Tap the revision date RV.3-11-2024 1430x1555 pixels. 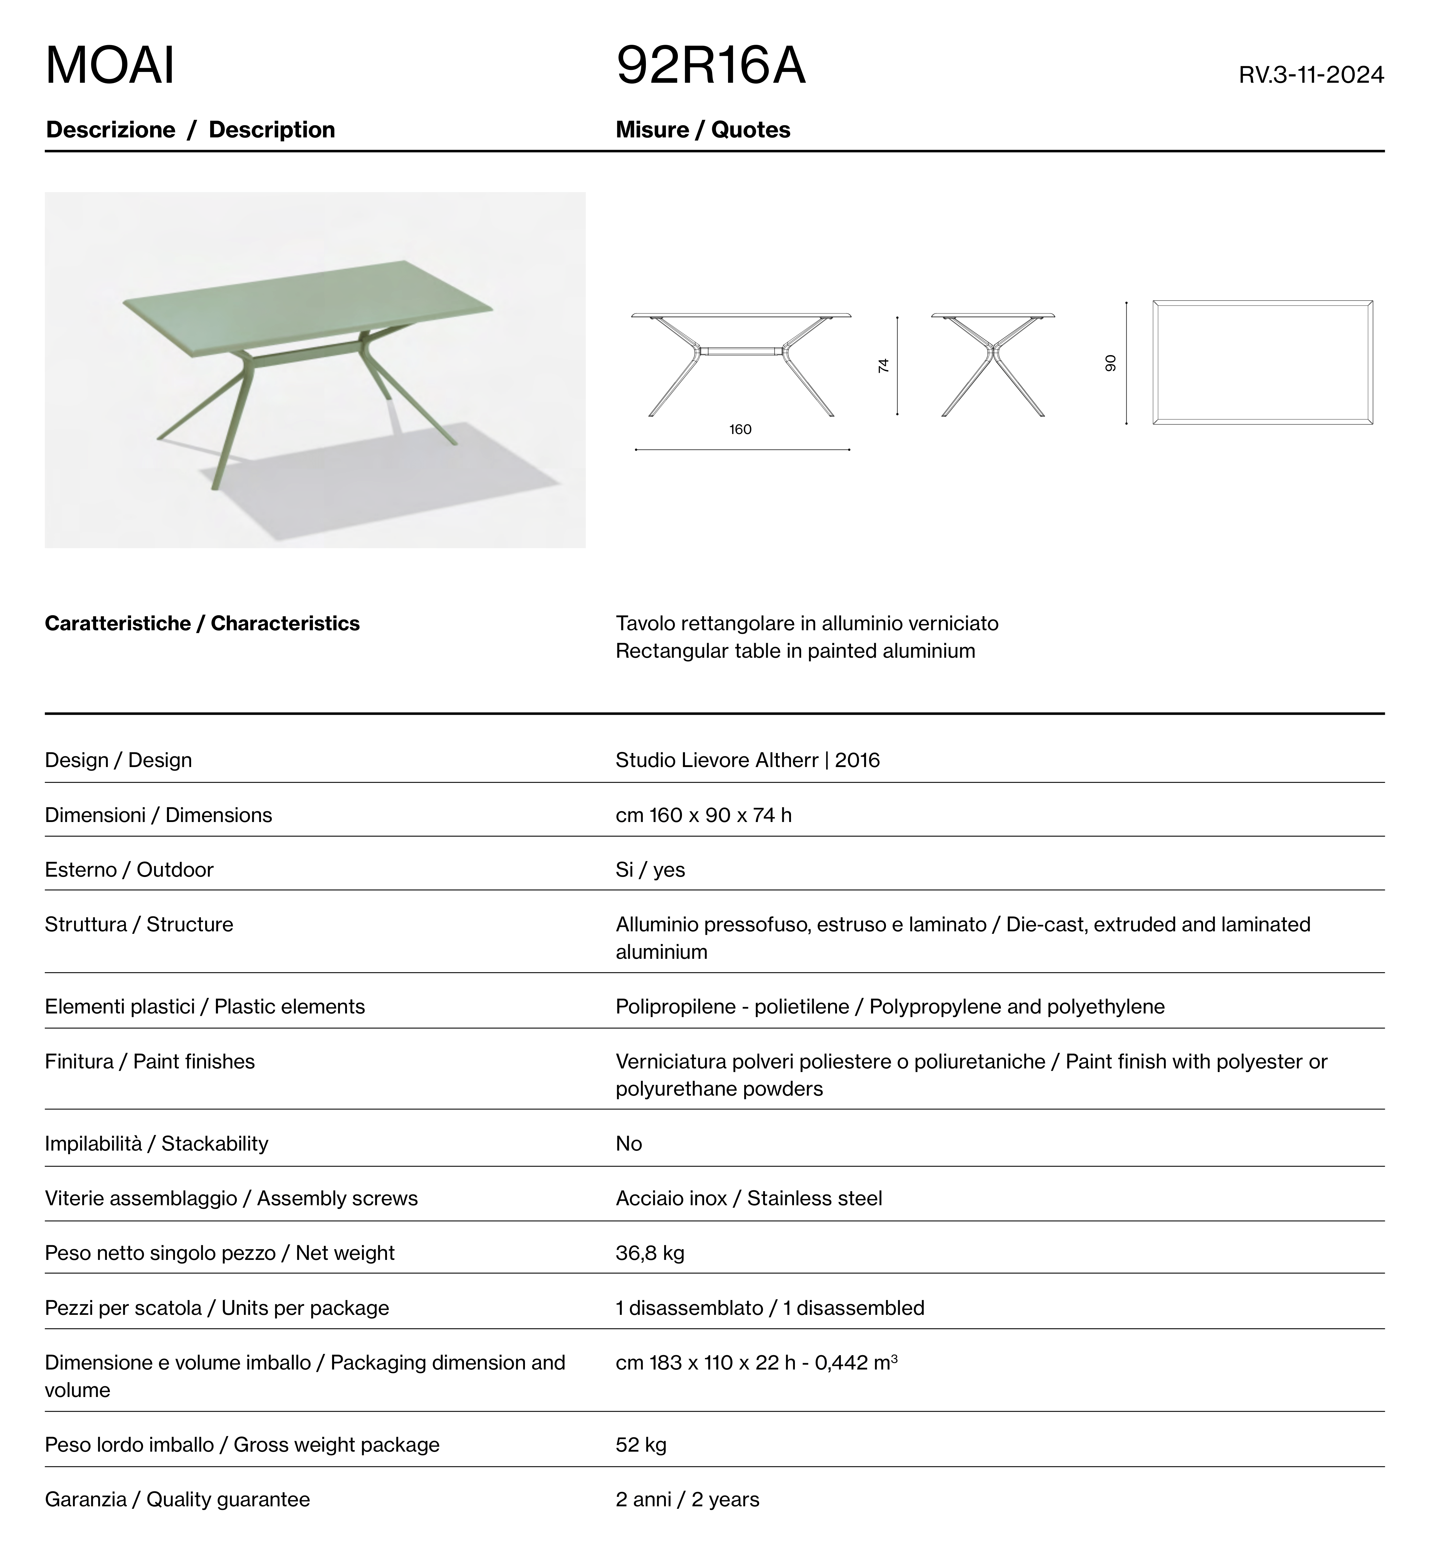[x=1311, y=75]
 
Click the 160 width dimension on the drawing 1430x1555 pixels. [x=741, y=430]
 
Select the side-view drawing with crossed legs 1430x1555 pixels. [x=993, y=364]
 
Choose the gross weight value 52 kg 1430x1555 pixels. [x=641, y=1444]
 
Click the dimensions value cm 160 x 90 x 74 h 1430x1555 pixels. [x=704, y=815]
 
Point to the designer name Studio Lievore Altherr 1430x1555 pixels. [x=717, y=760]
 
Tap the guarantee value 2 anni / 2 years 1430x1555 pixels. [x=687, y=1499]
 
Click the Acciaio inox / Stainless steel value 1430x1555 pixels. [x=748, y=1198]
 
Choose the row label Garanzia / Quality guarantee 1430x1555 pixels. [x=177, y=1499]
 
